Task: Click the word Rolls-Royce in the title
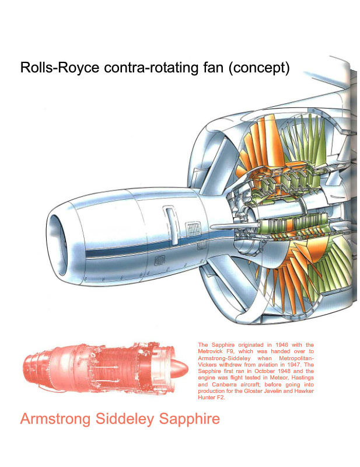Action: tap(60, 68)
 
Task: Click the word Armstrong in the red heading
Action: tap(55, 419)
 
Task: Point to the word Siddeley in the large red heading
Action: tap(125, 419)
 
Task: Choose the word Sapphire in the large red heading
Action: tap(190, 419)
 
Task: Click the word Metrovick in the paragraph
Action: tap(209, 351)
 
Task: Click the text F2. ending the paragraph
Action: tap(221, 398)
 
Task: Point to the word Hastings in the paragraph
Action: tap(304, 378)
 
